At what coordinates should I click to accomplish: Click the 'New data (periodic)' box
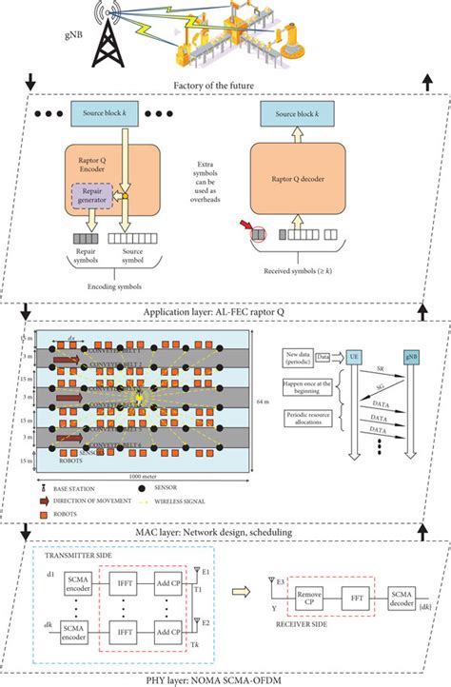pyautogui.click(x=307, y=356)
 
